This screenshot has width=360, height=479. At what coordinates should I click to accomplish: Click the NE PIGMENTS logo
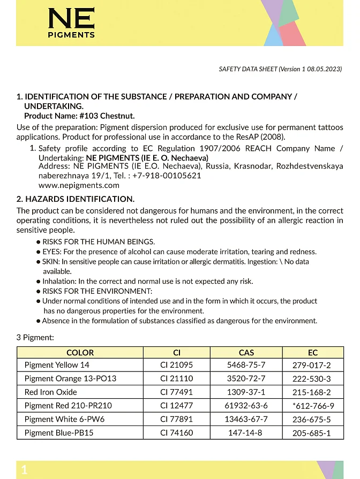coord(71,23)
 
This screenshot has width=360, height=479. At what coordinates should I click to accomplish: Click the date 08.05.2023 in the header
coord(324,69)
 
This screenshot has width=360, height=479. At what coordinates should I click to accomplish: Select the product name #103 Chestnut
coord(107,116)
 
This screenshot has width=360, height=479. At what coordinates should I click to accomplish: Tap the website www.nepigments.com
coord(79,185)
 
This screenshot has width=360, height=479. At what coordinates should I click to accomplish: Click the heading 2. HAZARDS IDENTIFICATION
coord(76,199)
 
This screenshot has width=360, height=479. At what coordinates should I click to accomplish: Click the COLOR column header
coord(80,353)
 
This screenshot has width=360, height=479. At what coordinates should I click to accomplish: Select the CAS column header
coord(246,353)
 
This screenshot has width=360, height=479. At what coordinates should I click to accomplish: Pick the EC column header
coord(313,353)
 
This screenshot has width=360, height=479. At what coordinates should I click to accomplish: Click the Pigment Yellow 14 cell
coord(57,365)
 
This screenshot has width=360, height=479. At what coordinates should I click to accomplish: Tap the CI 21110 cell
coord(176,378)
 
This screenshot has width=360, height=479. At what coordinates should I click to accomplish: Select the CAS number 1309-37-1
coord(246,392)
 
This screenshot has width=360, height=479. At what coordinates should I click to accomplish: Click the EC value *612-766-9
coord(313,406)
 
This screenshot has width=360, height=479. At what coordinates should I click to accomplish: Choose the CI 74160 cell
coord(176,432)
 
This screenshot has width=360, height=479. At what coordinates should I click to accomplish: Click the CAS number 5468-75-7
coord(246,365)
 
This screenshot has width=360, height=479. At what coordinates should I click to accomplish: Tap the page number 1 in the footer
coord(24,470)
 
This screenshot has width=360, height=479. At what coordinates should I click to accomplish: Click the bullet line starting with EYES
coord(179,252)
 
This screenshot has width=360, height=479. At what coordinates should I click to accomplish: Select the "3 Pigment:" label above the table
coord(35,338)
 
